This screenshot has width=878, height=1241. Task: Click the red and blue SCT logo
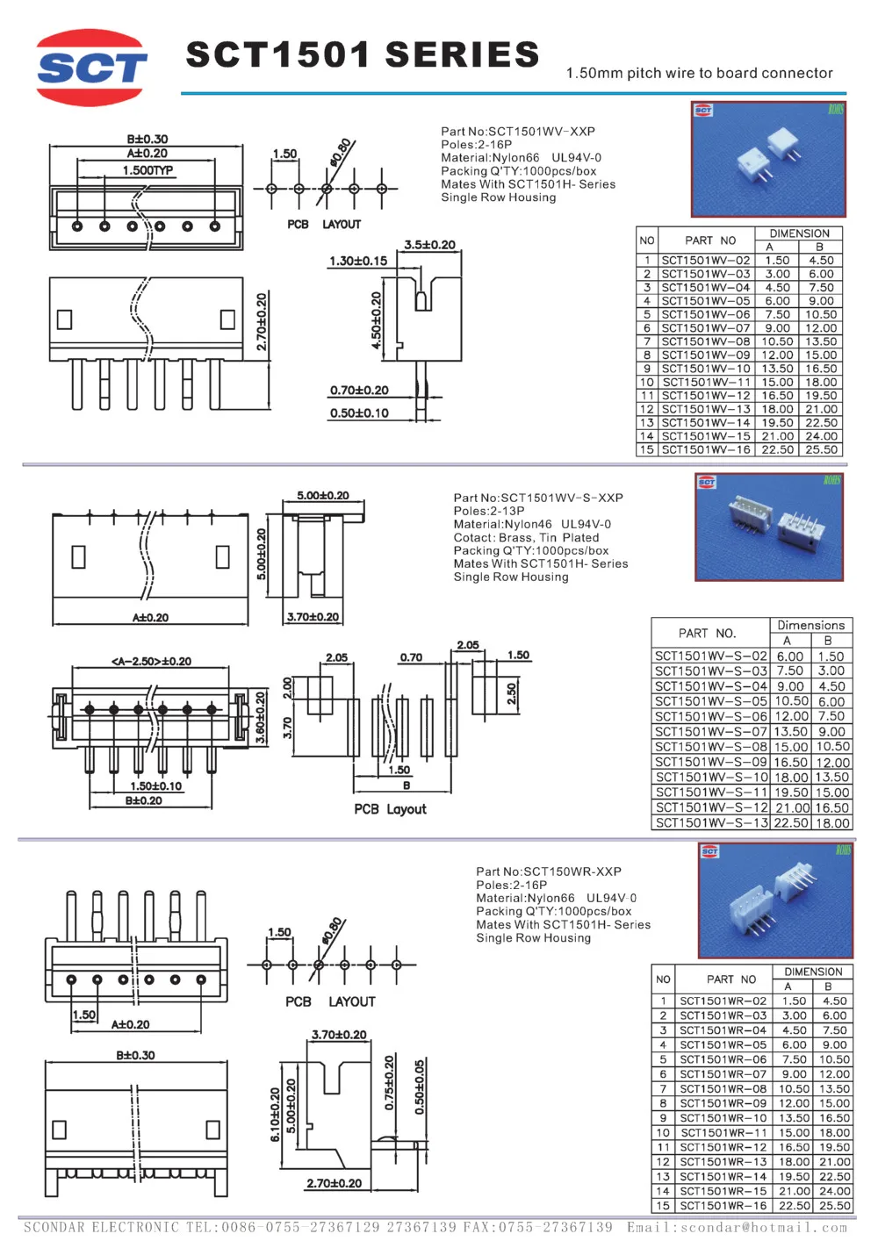click(x=91, y=68)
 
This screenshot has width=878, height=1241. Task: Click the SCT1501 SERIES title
click(x=363, y=54)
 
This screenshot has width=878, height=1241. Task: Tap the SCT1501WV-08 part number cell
click(x=705, y=341)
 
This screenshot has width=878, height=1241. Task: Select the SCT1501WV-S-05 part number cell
click(x=711, y=701)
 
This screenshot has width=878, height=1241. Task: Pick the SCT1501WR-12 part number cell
click(x=723, y=1147)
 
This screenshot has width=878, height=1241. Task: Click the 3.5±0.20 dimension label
click(x=429, y=245)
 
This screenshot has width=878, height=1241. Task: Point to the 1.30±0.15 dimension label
click(x=357, y=261)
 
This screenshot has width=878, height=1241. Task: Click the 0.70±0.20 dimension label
click(x=359, y=391)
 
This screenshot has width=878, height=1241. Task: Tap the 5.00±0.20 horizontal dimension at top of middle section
click(x=322, y=496)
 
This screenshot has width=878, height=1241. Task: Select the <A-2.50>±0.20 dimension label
click(x=151, y=662)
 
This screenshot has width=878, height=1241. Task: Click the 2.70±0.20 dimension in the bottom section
click(x=334, y=1183)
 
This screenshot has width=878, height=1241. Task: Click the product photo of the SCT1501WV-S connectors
click(x=769, y=527)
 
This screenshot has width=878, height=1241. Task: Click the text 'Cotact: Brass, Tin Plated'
click(x=526, y=537)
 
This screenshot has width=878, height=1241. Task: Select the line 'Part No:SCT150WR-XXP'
click(x=548, y=872)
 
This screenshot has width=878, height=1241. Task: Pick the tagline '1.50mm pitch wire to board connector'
click(x=699, y=73)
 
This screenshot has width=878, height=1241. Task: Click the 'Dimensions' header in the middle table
click(x=810, y=625)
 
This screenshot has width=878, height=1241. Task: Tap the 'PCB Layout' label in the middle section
click(x=390, y=809)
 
